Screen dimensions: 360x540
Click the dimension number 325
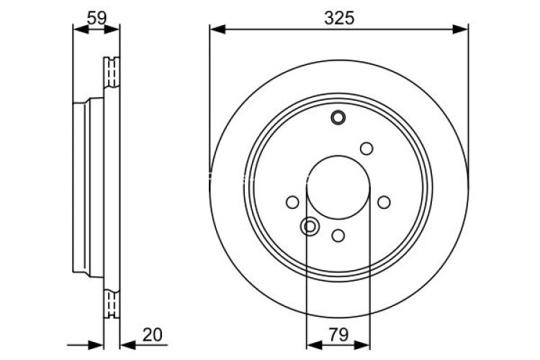point(339,18)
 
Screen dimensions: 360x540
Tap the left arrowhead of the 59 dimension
point(79,29)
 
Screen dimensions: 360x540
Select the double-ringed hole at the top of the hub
point(338,117)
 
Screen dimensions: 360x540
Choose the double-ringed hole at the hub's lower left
point(310,227)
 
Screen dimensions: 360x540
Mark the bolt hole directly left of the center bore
point(292,202)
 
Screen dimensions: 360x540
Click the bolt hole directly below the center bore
point(338,235)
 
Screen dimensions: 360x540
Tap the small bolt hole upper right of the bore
point(366,148)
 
